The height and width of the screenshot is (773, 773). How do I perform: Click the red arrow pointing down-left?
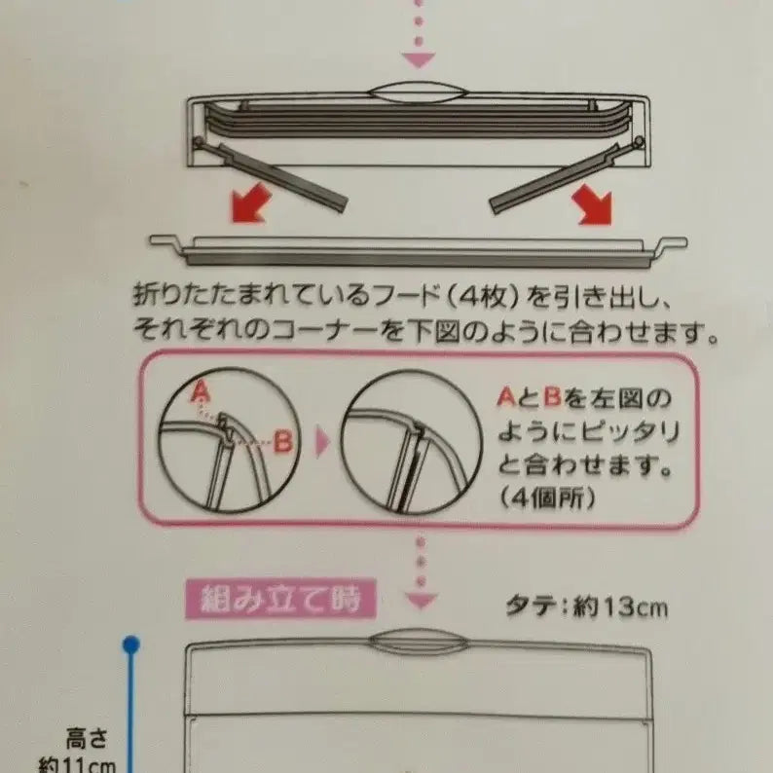[x=250, y=203]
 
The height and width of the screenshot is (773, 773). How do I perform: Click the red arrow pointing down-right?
[x=592, y=204]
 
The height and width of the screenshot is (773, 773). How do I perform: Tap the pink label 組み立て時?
[x=280, y=599]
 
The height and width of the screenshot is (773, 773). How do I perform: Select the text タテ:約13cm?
[x=587, y=607]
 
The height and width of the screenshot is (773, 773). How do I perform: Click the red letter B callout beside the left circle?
[x=283, y=441]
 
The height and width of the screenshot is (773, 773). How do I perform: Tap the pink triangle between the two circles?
[x=322, y=442]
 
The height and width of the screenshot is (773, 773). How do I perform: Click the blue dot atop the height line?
[x=130, y=644]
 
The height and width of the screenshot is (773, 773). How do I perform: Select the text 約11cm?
[x=78, y=765]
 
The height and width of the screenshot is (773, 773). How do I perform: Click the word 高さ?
[x=87, y=739]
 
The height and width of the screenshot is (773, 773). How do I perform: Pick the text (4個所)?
[x=547, y=498]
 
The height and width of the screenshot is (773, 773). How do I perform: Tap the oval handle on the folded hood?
[x=418, y=92]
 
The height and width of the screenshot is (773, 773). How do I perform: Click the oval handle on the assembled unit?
[x=418, y=642]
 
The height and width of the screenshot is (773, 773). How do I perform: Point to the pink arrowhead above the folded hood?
[x=418, y=59]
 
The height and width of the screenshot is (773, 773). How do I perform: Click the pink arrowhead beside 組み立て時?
[x=421, y=601]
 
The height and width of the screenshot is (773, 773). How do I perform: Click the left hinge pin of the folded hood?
[x=198, y=142]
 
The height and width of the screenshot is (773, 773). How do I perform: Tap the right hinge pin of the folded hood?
[x=639, y=142]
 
